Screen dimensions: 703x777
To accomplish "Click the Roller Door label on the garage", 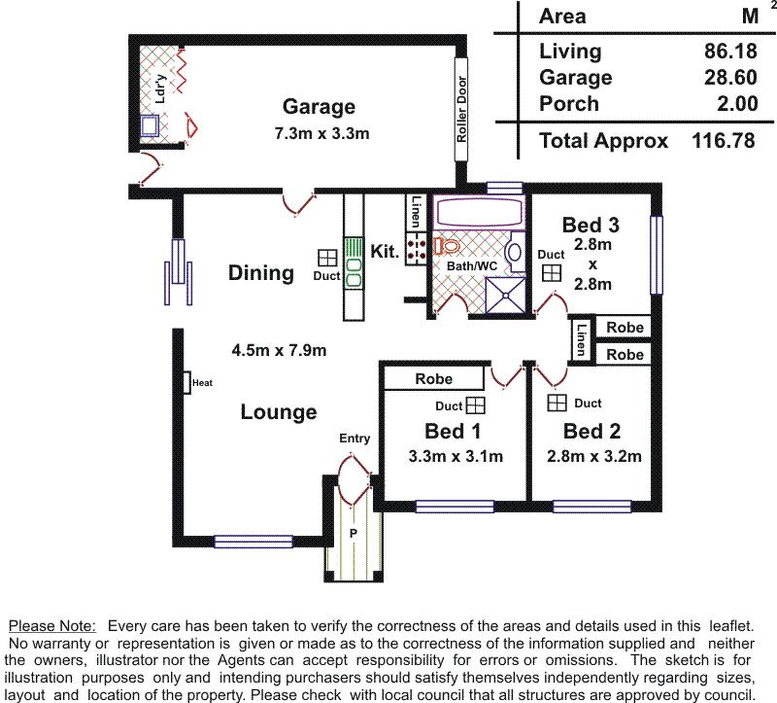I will tap(462, 110).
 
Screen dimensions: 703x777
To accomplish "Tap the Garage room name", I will tap(319, 107).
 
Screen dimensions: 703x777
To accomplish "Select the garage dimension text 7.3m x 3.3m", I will tap(321, 133).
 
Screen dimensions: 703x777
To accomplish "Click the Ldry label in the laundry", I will tap(160, 88).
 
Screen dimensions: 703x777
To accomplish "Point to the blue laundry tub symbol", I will tap(151, 125).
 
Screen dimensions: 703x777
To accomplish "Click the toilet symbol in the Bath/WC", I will tap(446, 246).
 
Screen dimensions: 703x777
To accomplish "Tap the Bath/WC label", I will tap(472, 265).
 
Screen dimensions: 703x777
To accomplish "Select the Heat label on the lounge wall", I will tap(202, 383).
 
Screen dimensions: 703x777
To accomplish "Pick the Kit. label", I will tap(386, 252).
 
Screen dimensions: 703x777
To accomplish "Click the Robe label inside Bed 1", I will tap(433, 378).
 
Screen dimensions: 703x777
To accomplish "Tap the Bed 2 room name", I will tap(591, 431).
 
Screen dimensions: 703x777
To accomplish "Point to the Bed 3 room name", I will tap(591, 226).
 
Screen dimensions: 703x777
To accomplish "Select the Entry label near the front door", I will tap(355, 439).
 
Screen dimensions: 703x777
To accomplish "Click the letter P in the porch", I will tap(354, 534).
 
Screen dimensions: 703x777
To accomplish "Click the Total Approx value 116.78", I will tap(723, 140).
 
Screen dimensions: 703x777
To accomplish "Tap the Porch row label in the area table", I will tap(569, 104).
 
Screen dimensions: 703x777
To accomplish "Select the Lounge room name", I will tap(279, 412).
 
